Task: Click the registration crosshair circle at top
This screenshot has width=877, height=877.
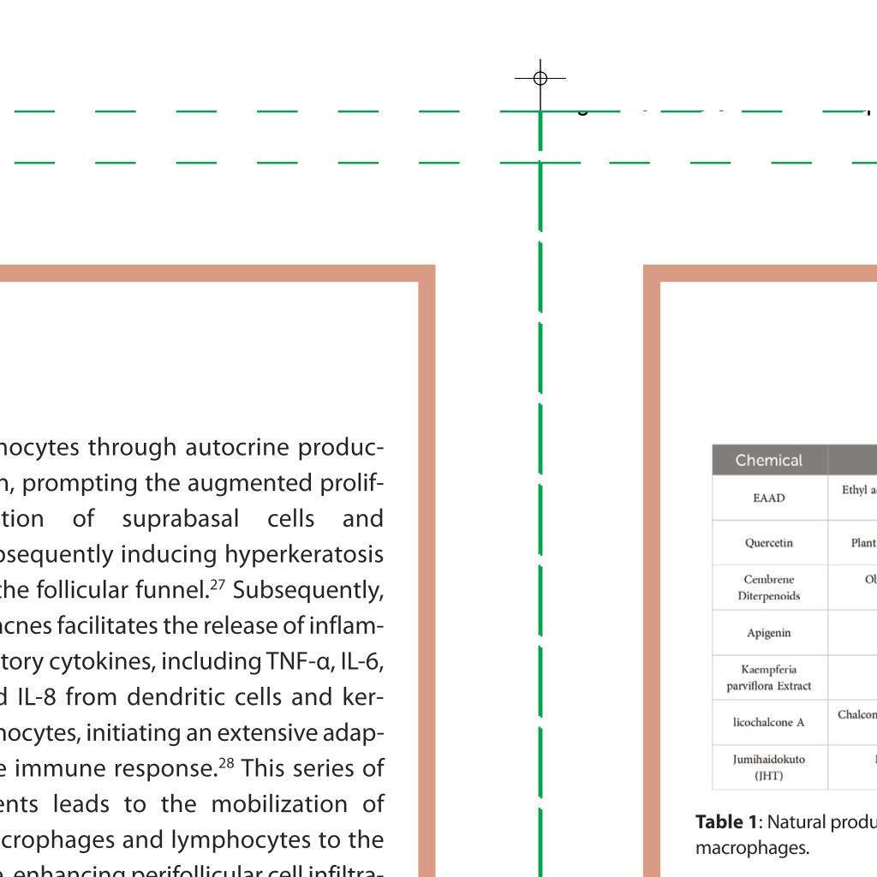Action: [x=540, y=78]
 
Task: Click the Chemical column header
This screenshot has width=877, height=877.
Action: [x=769, y=461]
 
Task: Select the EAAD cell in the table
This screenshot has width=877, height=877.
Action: [x=769, y=498]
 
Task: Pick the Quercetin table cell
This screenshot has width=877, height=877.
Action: [x=769, y=543]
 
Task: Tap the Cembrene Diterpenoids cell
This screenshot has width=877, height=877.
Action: [x=769, y=588]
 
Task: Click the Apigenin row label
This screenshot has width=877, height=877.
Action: [x=769, y=633]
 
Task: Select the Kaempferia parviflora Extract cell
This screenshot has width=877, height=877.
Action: [x=769, y=677]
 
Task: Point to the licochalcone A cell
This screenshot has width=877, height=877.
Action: [x=769, y=722]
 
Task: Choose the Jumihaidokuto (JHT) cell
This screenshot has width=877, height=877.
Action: [x=769, y=767]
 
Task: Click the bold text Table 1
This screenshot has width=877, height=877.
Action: [x=726, y=822]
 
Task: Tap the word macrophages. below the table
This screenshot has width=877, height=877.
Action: [x=752, y=848]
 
